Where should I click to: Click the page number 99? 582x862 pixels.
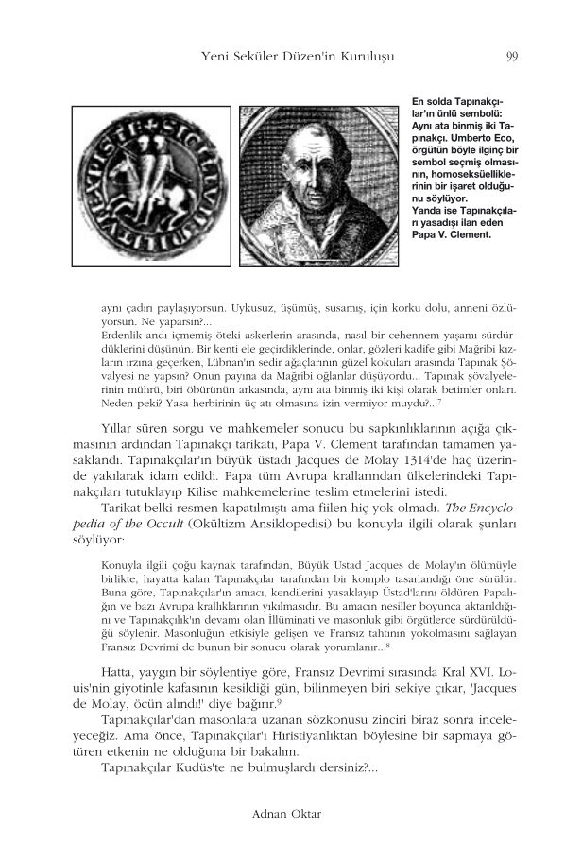[511, 58]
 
